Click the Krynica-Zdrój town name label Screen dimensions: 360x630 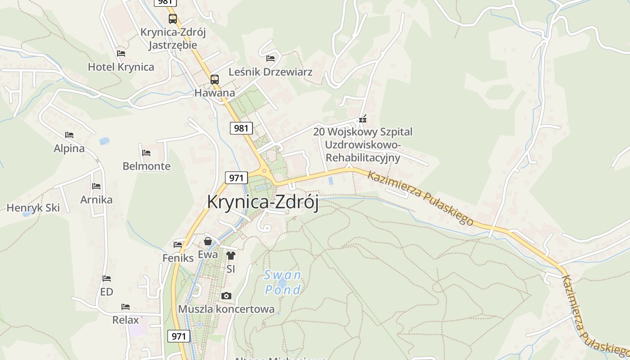(263, 202)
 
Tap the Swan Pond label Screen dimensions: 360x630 (283, 282)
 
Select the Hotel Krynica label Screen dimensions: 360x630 (121, 67)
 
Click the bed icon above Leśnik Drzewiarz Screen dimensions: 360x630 (270, 58)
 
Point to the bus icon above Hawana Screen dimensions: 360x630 (215, 80)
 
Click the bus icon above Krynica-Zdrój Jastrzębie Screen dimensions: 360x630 (173, 19)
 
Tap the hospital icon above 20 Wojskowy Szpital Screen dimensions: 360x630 (363, 119)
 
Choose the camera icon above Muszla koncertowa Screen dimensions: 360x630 (226, 296)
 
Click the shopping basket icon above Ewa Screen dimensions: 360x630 (208, 242)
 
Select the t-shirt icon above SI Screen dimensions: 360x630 (231, 256)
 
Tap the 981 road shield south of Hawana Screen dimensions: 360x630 (241, 128)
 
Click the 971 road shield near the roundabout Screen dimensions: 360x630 (236, 177)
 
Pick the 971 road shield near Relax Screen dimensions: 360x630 (179, 336)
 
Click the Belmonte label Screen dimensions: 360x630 (147, 166)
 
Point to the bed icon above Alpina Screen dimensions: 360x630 (69, 135)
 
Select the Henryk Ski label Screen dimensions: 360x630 (33, 208)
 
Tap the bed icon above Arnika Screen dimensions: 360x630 (96, 186)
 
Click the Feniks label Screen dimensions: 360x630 (178, 258)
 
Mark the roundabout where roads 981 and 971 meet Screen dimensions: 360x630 (264, 171)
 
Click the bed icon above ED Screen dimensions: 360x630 (107, 279)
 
